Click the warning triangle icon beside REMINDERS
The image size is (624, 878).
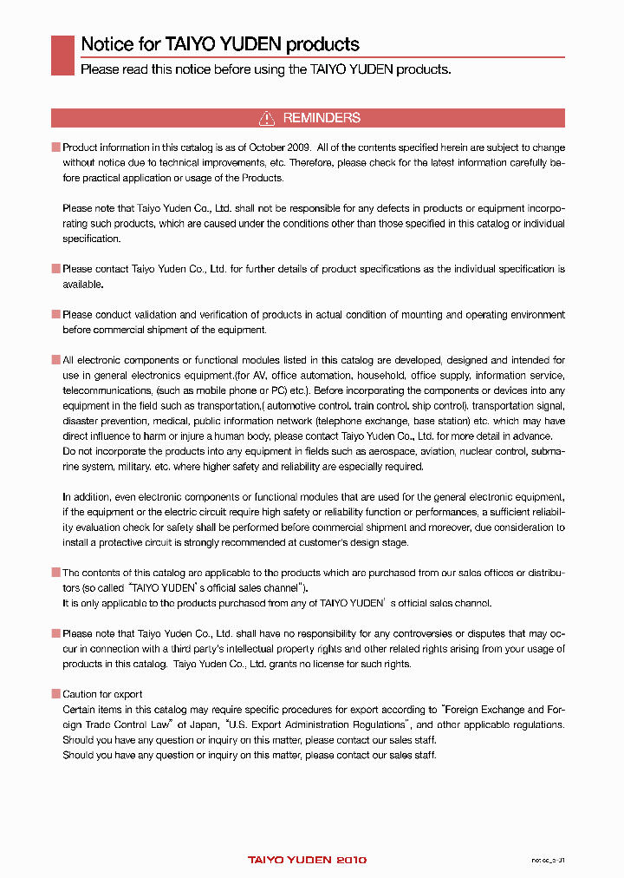(x=268, y=118)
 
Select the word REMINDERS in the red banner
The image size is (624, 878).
(x=322, y=118)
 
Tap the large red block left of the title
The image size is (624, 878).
(x=62, y=55)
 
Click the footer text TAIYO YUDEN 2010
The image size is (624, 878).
(x=307, y=860)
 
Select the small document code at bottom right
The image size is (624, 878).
(x=548, y=860)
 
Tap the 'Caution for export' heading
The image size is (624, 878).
(x=102, y=694)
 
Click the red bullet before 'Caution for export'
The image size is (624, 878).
(x=55, y=694)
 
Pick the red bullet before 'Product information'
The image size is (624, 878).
(x=55, y=148)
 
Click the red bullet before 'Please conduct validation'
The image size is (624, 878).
(x=55, y=315)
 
